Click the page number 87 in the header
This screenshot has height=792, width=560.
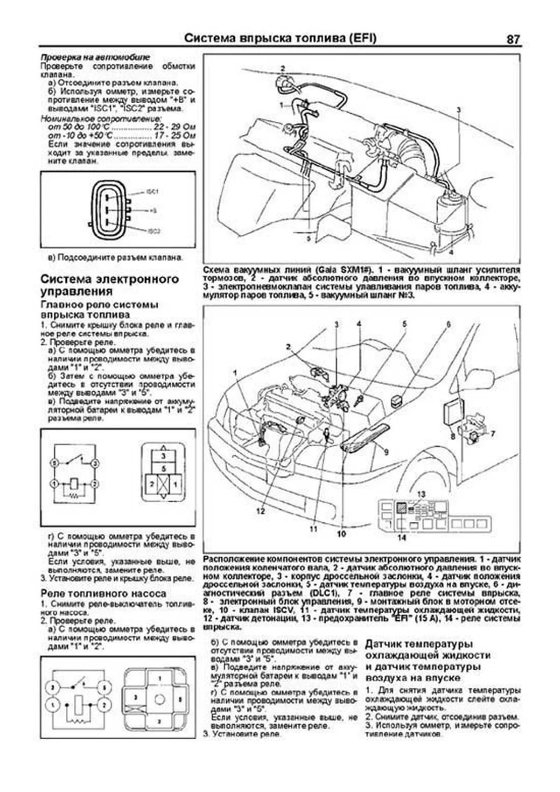click(x=512, y=39)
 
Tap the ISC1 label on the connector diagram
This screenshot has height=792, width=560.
click(x=153, y=192)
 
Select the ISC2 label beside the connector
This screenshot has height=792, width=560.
click(x=154, y=231)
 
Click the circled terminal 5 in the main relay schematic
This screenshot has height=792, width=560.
click(x=55, y=463)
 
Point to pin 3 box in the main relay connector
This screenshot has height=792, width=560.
click(x=163, y=456)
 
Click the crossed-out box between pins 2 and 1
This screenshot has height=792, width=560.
click(x=163, y=485)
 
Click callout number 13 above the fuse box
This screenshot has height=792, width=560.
click(x=421, y=494)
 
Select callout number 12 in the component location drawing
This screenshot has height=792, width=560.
click(x=260, y=511)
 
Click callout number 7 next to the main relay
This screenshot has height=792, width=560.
click(x=493, y=434)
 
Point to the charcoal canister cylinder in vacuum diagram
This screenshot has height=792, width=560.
click(x=450, y=214)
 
